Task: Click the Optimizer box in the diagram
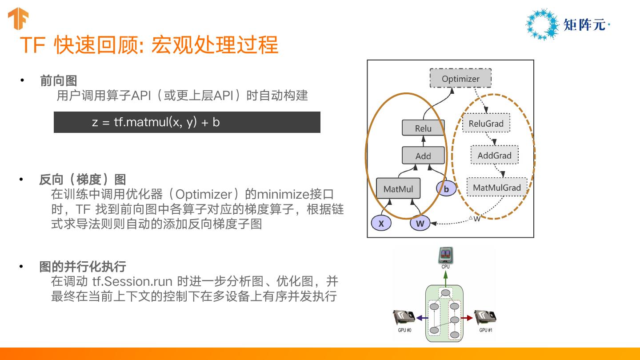[460, 79]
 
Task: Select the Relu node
[423, 128]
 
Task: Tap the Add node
[423, 156]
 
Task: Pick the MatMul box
[398, 189]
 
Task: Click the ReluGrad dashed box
[486, 123]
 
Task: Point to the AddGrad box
[494, 155]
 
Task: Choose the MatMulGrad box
[496, 187]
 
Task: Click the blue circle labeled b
[446, 189]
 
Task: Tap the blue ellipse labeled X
[381, 224]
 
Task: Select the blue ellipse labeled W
[420, 224]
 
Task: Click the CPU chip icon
[445, 256]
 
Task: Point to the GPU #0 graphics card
[404, 318]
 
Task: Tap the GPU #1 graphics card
[485, 318]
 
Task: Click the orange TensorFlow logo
[18, 19]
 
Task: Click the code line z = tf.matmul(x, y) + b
[156, 122]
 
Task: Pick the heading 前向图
[58, 80]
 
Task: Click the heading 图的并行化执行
[83, 266]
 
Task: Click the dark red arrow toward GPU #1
[466, 318]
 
